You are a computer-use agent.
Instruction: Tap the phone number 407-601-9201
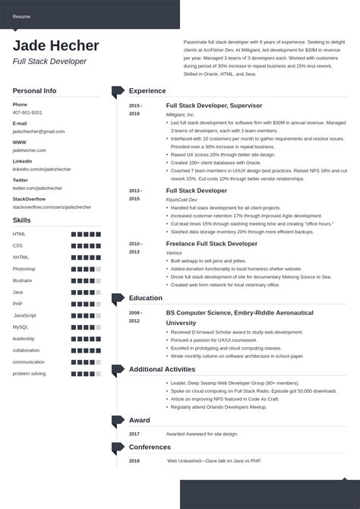(x=27, y=112)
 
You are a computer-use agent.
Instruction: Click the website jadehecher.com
(x=30, y=150)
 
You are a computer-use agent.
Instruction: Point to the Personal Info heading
(x=34, y=90)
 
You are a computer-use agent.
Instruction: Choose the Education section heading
(x=146, y=299)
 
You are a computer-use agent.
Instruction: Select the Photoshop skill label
(x=24, y=269)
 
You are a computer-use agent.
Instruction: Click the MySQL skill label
(x=21, y=327)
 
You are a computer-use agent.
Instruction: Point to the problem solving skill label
(x=30, y=373)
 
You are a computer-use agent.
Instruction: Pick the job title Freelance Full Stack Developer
(x=212, y=244)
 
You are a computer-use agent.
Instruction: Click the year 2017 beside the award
(x=134, y=434)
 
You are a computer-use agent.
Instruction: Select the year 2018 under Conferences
(x=134, y=460)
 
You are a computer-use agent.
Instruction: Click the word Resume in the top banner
(x=22, y=16)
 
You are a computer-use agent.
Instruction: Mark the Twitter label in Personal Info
(x=21, y=180)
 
